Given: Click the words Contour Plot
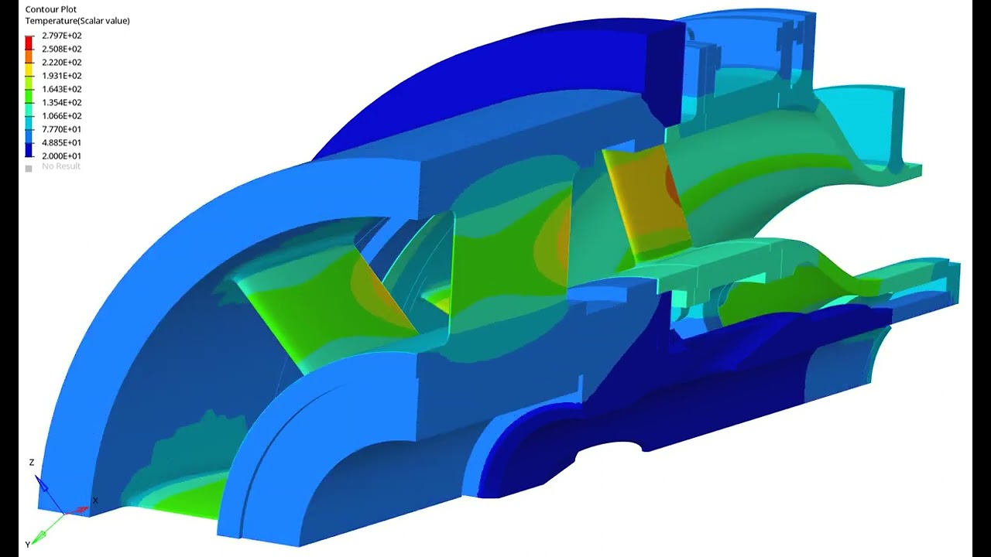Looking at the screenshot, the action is point(51,9).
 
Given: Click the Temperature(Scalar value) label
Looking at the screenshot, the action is point(77,21).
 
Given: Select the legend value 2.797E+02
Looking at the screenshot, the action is point(62,36).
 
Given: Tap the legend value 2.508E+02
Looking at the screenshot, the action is point(62,49).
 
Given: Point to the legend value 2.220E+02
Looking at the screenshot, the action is point(62,63).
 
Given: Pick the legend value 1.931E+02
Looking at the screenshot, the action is point(62,76).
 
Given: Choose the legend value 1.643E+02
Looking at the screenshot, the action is point(62,89).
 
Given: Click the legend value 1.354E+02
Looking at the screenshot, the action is point(62,102).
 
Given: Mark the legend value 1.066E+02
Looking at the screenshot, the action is point(62,116).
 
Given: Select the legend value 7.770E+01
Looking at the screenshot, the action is point(62,129).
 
